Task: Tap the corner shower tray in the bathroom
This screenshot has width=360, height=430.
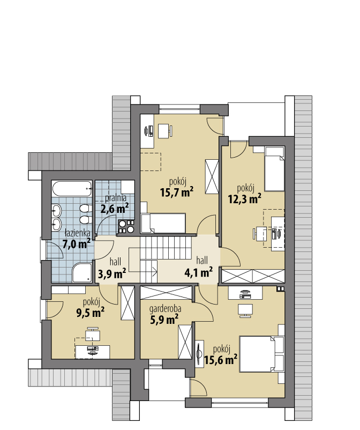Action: (82, 272)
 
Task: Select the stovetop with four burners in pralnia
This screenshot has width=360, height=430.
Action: (126, 226)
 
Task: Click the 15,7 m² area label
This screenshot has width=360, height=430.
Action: (177, 192)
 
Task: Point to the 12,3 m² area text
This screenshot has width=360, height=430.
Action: (245, 198)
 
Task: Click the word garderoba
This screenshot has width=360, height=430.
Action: (165, 309)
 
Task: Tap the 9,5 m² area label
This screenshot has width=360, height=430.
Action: (91, 313)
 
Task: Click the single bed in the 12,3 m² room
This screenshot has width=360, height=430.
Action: (274, 169)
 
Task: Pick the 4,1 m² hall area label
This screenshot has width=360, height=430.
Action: (199, 272)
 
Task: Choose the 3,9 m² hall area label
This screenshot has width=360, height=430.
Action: (112, 273)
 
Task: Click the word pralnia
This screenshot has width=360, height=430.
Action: (116, 198)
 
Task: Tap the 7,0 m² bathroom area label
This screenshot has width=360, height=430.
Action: (77, 243)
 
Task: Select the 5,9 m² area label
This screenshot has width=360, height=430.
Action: (164, 319)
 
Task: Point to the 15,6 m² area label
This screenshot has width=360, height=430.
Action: (221, 360)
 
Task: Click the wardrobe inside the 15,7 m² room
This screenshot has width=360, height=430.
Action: (212, 177)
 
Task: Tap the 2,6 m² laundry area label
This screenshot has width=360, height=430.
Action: (115, 209)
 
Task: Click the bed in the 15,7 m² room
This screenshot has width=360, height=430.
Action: (163, 223)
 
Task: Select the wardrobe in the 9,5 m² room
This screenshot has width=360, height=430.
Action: (127, 303)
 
